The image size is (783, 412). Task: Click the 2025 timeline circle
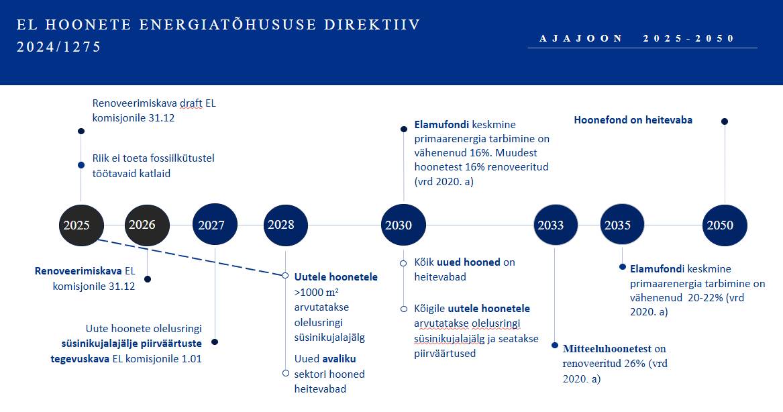coord(81,225)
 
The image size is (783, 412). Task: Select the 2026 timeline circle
coord(147,225)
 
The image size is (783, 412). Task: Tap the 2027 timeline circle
coord(215,225)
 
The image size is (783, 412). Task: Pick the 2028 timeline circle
coord(286,225)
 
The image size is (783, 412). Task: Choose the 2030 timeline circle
coord(403,225)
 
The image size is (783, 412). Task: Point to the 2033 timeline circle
coord(556,225)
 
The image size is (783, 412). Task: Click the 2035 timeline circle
coord(622,225)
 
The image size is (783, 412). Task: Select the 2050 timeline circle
coord(725,225)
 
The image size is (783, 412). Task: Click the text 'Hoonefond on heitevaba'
coord(633,120)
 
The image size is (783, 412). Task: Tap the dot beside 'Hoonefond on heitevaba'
coord(725,121)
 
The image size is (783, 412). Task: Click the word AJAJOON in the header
coord(581,38)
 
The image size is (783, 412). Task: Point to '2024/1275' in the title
coord(59,47)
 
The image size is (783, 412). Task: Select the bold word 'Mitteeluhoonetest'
coord(607,348)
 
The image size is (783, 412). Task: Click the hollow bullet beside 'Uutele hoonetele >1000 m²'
coord(285,276)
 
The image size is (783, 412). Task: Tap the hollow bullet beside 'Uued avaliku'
coord(286,373)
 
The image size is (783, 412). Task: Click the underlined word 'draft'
coord(191,103)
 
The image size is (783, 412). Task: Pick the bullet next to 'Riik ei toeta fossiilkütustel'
coord(81,165)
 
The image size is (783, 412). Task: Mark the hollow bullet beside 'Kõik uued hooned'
coord(403,263)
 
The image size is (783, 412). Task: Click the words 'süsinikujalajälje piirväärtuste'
coord(132,344)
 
